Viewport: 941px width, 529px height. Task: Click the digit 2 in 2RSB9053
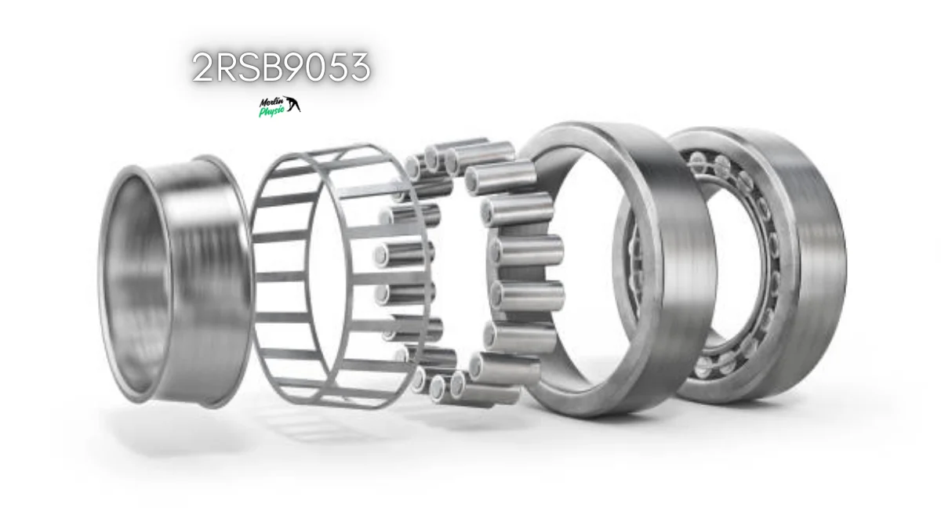click(x=202, y=67)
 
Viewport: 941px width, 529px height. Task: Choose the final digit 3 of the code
click(x=361, y=67)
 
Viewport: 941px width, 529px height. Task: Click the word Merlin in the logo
click(x=271, y=102)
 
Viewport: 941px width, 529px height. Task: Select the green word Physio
click(x=272, y=111)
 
